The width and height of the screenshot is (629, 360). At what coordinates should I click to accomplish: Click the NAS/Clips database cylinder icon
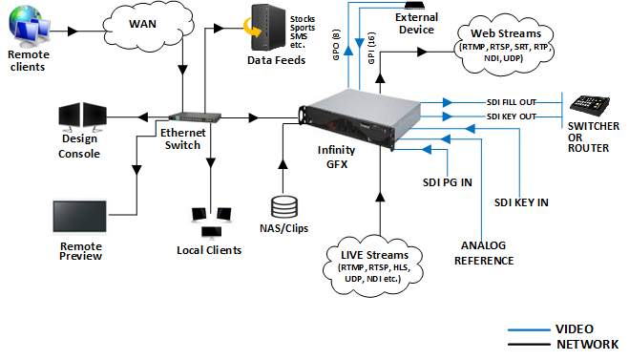pos(283,207)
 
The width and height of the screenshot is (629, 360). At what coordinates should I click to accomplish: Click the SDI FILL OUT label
pos(512,100)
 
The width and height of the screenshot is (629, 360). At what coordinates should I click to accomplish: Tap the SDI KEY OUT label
pos(511,116)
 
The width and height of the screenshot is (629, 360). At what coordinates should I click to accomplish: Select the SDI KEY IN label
pos(522,201)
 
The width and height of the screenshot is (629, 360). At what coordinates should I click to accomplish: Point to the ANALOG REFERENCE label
pos(487,253)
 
